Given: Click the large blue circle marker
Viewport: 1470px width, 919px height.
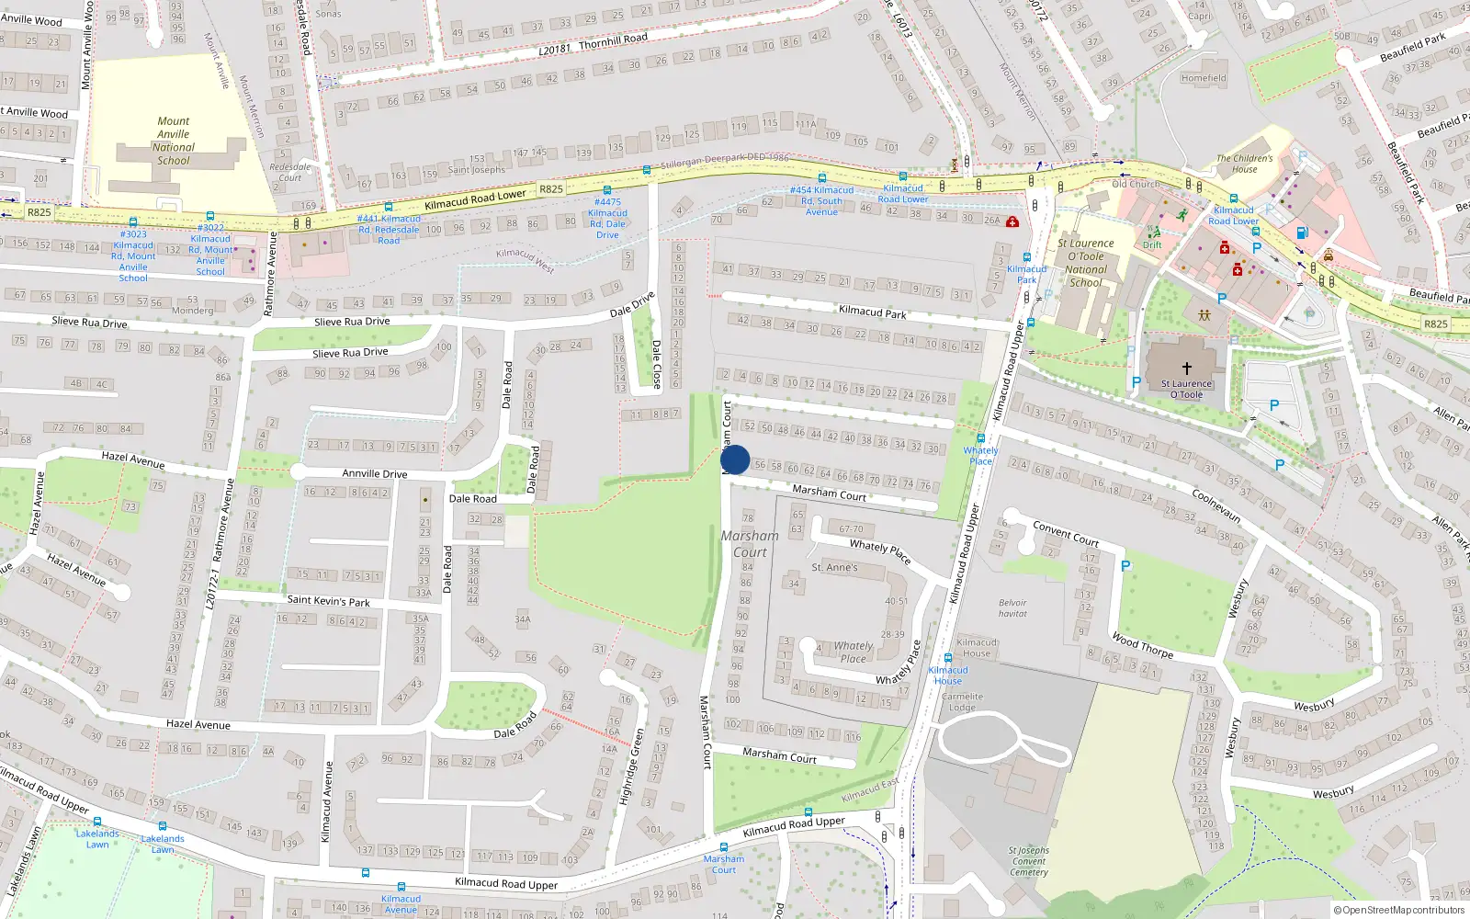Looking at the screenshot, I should click(x=735, y=459).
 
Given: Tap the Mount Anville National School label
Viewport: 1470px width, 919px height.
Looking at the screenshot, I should click(x=174, y=141).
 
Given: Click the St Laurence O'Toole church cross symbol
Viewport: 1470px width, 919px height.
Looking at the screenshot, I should click(x=1186, y=368).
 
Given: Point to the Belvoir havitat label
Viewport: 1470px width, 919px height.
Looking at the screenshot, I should click(x=1012, y=608).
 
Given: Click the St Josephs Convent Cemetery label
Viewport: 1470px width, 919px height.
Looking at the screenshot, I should click(x=1028, y=861).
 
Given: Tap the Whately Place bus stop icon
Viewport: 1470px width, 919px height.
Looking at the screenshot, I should click(x=981, y=438).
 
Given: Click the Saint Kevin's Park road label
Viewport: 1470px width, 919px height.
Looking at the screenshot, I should click(x=328, y=601).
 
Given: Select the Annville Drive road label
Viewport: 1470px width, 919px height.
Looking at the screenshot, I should click(x=375, y=474).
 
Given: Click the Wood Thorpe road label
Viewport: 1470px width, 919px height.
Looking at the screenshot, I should click(x=1142, y=644).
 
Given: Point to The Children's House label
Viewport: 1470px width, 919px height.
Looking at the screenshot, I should click(x=1244, y=164).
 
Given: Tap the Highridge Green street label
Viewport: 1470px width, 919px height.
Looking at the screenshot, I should click(x=631, y=766).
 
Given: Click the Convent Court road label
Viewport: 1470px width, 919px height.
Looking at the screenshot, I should click(x=1066, y=533).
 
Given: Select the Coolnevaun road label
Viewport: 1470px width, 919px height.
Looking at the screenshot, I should click(x=1217, y=505).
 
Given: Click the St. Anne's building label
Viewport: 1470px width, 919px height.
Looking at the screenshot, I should click(x=834, y=568).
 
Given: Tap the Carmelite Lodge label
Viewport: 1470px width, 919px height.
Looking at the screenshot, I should click(x=962, y=702).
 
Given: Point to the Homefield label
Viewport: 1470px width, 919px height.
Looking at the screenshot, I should click(x=1204, y=78).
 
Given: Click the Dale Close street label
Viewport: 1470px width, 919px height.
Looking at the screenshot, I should click(x=657, y=365).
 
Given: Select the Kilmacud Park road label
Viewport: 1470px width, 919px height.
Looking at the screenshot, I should click(x=872, y=312).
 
